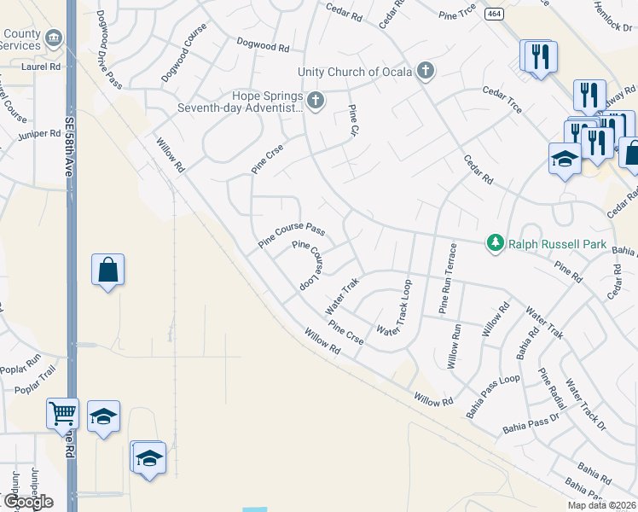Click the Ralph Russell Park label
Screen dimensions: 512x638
pyautogui.click(x=557, y=245)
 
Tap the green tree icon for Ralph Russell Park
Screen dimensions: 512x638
pyautogui.click(x=496, y=244)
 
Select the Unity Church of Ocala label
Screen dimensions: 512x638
pyautogui.click(x=355, y=72)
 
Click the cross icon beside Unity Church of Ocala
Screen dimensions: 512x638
pyautogui.click(x=425, y=71)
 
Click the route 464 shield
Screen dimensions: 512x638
pyautogui.click(x=493, y=15)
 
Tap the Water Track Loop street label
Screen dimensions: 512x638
pyautogui.click(x=395, y=307)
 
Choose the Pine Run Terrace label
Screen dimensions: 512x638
pyautogui.click(x=448, y=278)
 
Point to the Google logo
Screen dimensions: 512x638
pyautogui.click(x=28, y=502)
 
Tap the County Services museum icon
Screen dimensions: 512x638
pyautogui.click(x=53, y=38)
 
